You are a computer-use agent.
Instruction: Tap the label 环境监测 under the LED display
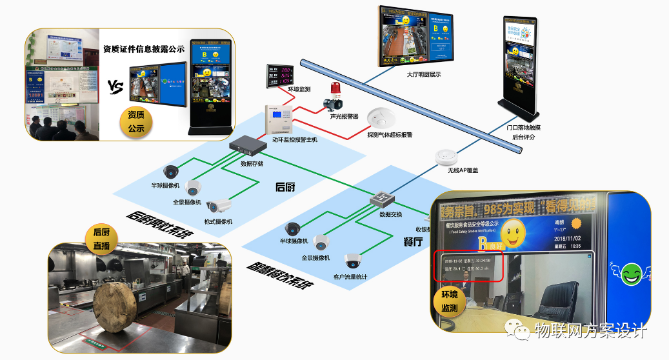[299, 89]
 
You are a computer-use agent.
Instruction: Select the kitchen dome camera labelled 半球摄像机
[171, 172]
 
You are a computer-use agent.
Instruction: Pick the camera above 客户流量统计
[352, 261]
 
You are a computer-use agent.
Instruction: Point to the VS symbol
[115, 87]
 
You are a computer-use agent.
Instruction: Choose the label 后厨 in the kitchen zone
[285, 187]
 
